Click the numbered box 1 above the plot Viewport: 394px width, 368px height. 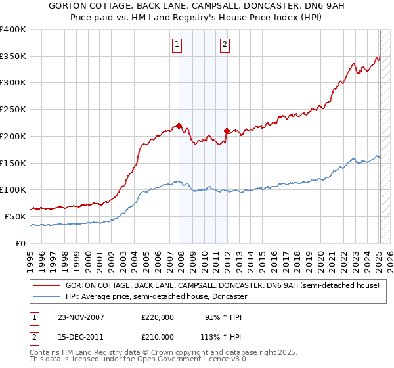coord(177,45)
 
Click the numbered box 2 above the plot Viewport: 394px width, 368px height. coord(225,45)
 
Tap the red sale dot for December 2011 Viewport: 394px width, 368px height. coord(227,130)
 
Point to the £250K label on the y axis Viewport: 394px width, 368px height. coord(13,109)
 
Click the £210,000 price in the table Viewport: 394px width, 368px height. coord(158,337)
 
